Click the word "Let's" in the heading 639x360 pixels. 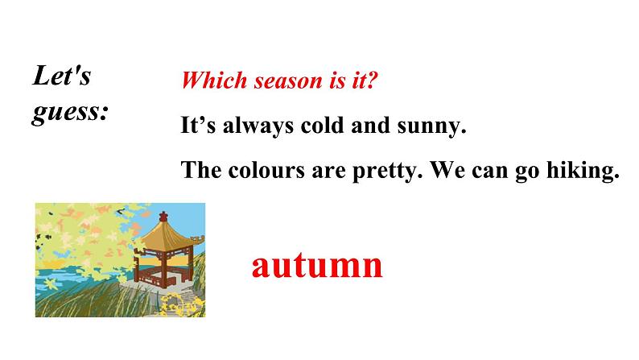62,77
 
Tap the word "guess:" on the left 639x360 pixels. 70,112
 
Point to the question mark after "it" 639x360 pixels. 373,81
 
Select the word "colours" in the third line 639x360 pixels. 259,170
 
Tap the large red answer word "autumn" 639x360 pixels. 317,265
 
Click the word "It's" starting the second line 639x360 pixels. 196,126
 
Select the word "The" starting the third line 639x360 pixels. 200,170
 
